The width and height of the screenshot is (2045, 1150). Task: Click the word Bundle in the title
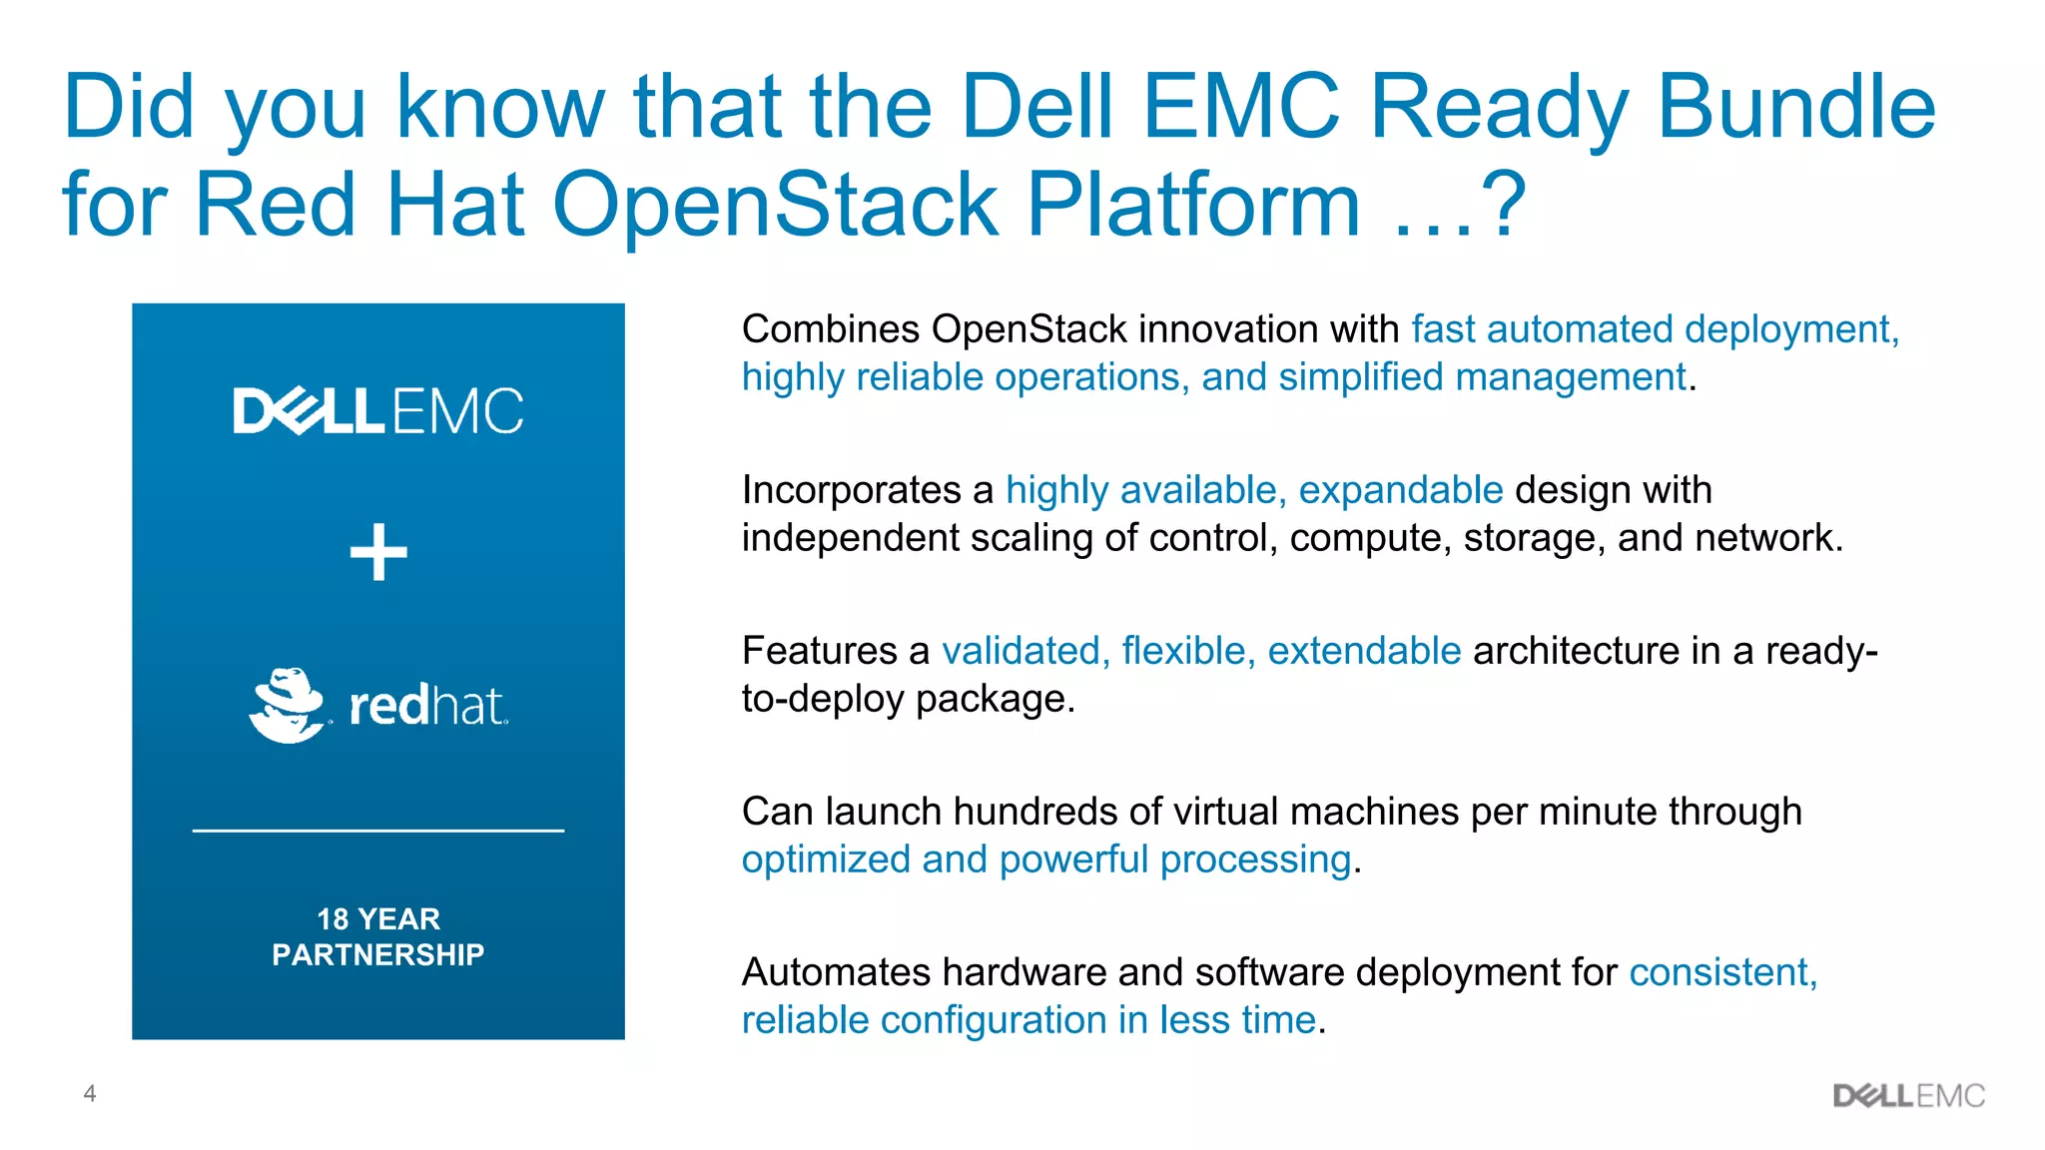tap(1795, 107)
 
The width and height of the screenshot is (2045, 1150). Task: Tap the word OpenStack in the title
tap(775, 205)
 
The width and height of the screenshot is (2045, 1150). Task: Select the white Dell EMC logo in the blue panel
tap(377, 410)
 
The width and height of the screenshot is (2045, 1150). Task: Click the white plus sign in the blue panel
tap(378, 551)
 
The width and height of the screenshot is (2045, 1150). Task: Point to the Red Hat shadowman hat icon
tap(288, 705)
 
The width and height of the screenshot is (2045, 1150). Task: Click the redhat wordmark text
tap(427, 706)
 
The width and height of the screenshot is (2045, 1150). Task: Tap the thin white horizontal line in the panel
tap(377, 830)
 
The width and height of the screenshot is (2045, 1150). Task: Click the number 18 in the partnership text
tap(333, 918)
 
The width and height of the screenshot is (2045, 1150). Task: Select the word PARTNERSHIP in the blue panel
tap(377, 954)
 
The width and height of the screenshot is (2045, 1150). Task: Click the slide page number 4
tap(90, 1093)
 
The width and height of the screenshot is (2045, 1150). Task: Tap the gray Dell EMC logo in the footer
tap(1908, 1096)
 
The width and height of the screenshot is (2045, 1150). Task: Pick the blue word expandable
tap(1400, 490)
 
